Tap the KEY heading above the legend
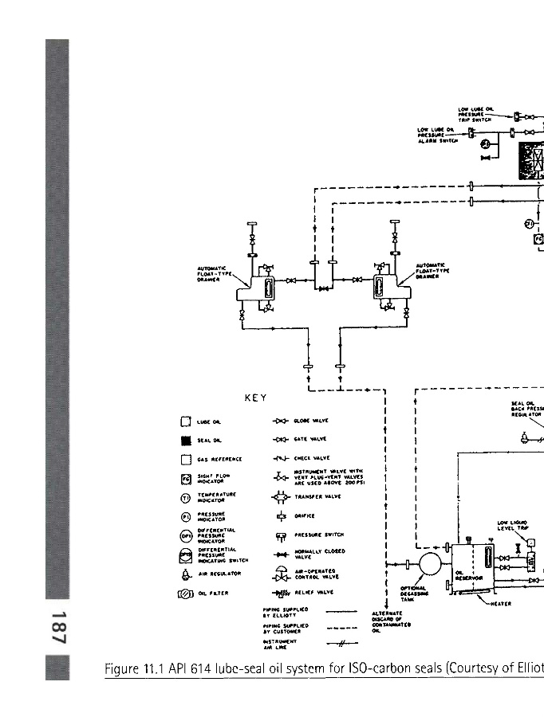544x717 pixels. pyautogui.click(x=255, y=398)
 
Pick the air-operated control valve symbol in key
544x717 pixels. pyautogui.click(x=281, y=574)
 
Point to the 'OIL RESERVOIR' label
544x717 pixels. pyautogui.click(x=465, y=575)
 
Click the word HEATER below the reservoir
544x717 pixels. pyautogui.click(x=500, y=603)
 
